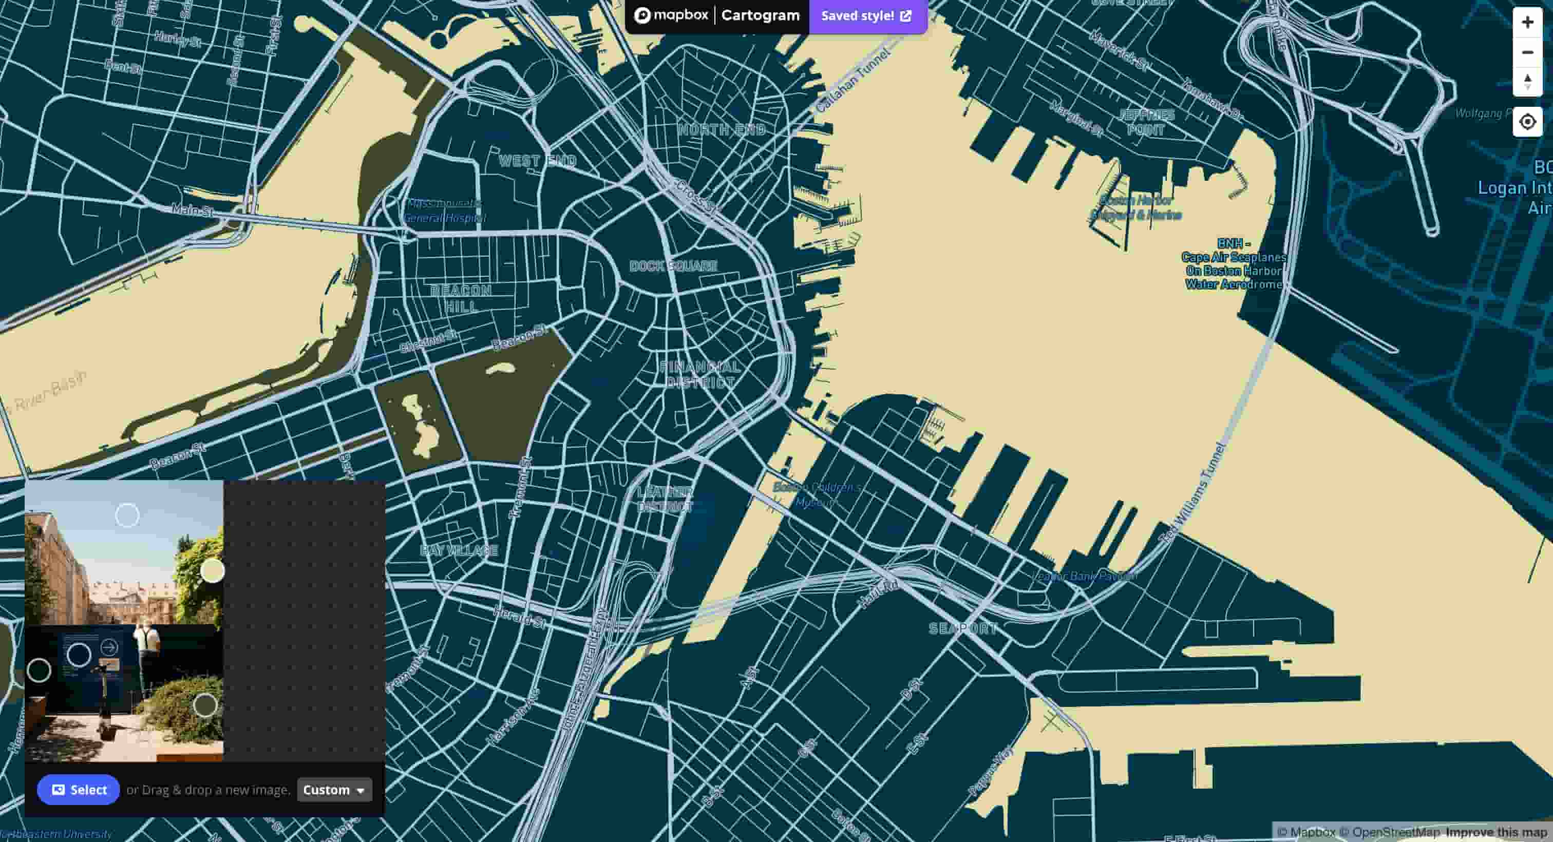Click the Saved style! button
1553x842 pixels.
pos(867,16)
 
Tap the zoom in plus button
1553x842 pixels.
pos(1527,22)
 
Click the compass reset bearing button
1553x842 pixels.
pos(1527,81)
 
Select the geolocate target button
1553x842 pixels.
pos(1527,122)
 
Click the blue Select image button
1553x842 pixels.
pos(79,790)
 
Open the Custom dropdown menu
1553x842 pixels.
pos(334,790)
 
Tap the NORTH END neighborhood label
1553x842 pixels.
pos(722,129)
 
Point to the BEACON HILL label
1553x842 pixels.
pos(461,298)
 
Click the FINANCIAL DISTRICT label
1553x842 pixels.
pos(699,374)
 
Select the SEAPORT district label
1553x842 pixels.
pos(963,628)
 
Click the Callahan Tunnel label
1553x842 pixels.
pos(852,81)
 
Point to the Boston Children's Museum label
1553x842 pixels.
pos(817,494)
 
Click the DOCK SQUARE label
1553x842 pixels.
pos(673,266)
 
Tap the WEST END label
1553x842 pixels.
pos(538,161)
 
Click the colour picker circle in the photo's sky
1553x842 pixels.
pos(127,515)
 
